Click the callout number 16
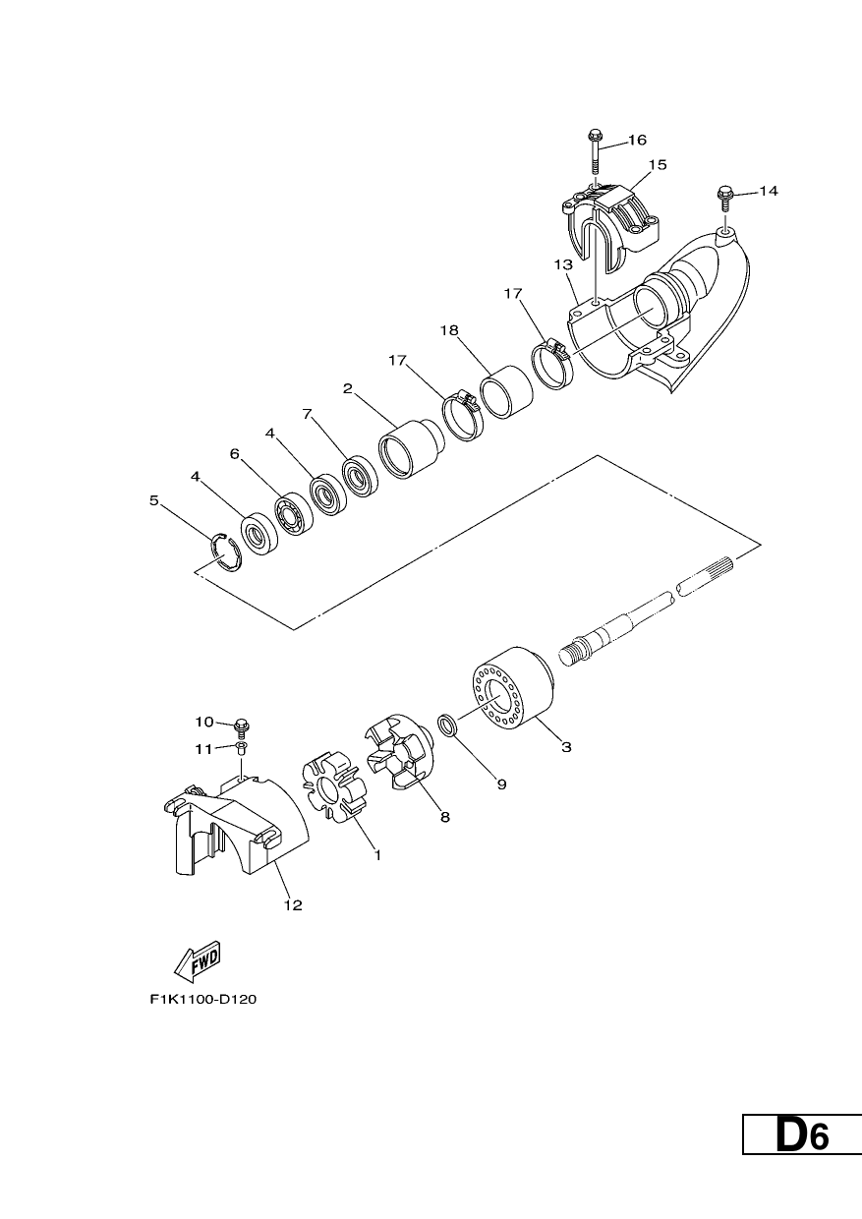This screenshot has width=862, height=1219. [637, 140]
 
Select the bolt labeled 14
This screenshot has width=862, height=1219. [724, 200]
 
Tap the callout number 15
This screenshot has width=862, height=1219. [658, 164]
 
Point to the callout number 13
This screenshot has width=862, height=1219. [564, 264]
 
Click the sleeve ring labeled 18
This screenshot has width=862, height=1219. [506, 391]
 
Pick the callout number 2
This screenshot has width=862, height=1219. [348, 388]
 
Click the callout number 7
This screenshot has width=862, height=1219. [307, 414]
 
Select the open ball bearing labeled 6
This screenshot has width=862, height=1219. [294, 513]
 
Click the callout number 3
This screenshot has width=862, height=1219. [566, 747]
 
